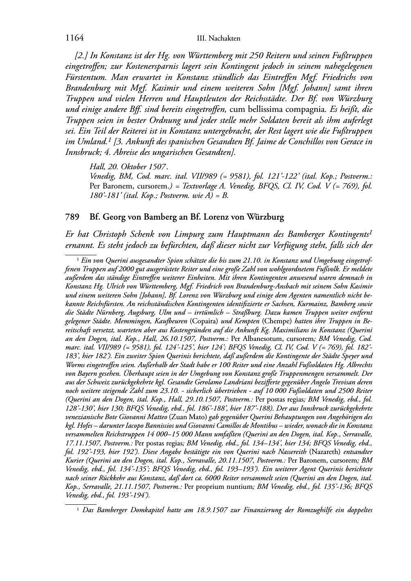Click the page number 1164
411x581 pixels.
(x=75, y=38)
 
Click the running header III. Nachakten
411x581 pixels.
(x=218, y=39)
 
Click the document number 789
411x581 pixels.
(x=72, y=217)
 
